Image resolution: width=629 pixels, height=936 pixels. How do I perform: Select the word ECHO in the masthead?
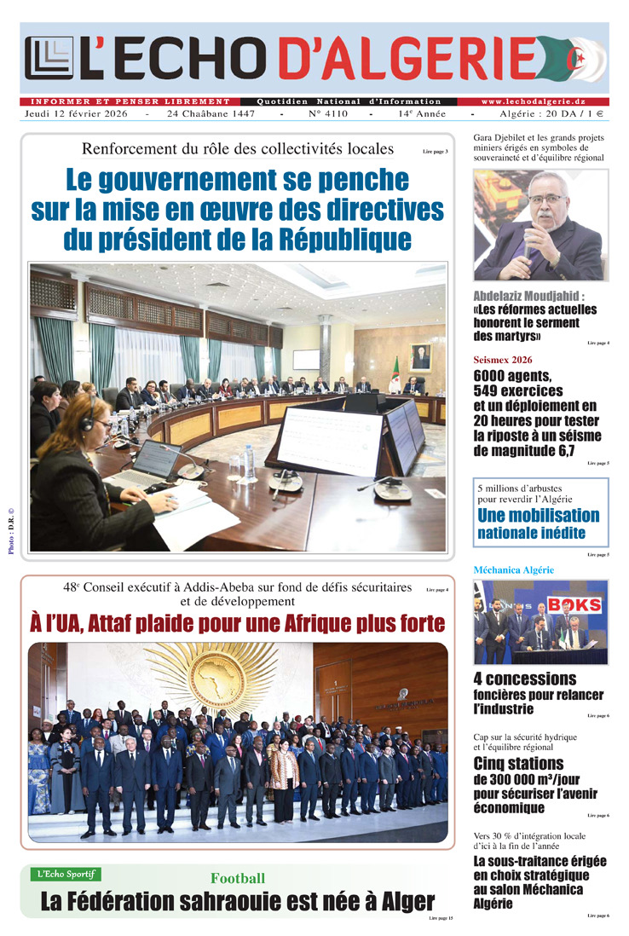click(184, 60)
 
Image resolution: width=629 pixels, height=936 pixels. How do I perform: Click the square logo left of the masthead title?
click(49, 60)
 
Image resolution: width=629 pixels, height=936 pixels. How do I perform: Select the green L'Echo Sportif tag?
click(66, 874)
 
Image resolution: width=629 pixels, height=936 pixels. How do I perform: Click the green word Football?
click(238, 878)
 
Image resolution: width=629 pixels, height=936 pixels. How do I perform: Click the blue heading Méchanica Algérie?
click(513, 569)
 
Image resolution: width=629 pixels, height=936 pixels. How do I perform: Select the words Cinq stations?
click(518, 763)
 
